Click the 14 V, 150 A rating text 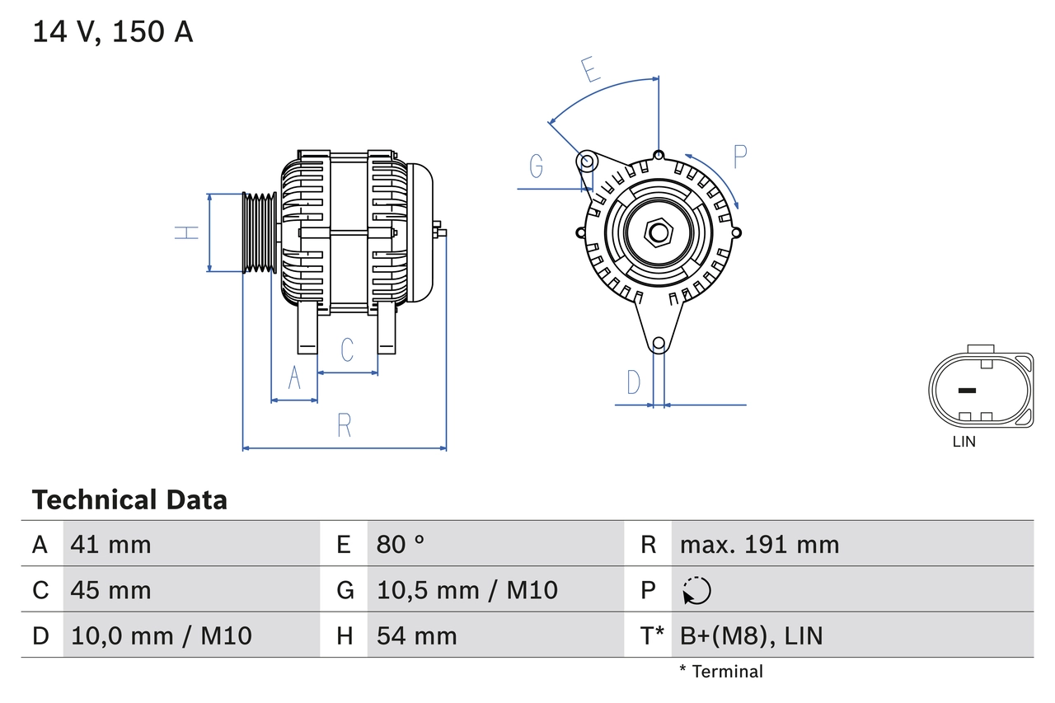(112, 32)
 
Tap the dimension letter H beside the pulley (189, 232)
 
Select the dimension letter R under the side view (345, 425)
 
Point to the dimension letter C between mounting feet (347, 349)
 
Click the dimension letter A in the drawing (294, 378)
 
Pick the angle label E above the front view (590, 70)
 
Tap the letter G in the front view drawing (537, 166)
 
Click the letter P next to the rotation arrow (739, 156)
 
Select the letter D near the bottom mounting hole (633, 382)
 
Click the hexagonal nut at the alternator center (658, 232)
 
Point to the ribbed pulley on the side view (259, 232)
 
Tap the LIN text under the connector (964, 442)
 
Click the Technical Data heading (129, 500)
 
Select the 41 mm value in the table (111, 544)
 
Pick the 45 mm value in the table (111, 590)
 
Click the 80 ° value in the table (401, 544)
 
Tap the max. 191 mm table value (759, 544)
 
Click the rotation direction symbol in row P (696, 590)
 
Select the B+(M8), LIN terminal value (751, 635)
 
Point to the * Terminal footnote (721, 672)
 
